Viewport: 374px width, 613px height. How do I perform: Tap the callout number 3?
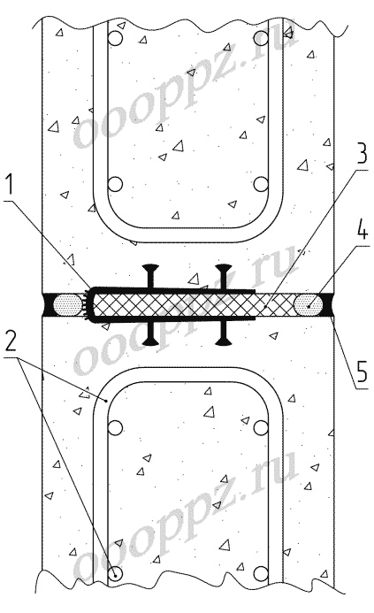click(x=361, y=155)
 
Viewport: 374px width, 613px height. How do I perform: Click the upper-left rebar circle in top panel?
click(x=115, y=39)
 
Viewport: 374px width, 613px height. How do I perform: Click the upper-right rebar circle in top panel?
click(x=261, y=39)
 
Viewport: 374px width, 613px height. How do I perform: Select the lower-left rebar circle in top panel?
click(x=115, y=184)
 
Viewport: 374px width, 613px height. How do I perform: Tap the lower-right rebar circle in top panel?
click(x=261, y=184)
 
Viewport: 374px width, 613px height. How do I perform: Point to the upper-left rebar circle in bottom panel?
click(x=115, y=428)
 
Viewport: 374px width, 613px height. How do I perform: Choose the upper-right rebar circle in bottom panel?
click(x=261, y=428)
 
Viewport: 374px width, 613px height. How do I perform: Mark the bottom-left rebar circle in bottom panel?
click(x=115, y=573)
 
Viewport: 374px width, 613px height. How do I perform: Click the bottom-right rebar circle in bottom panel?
click(x=261, y=573)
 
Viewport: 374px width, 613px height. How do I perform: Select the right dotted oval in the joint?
click(x=308, y=305)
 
